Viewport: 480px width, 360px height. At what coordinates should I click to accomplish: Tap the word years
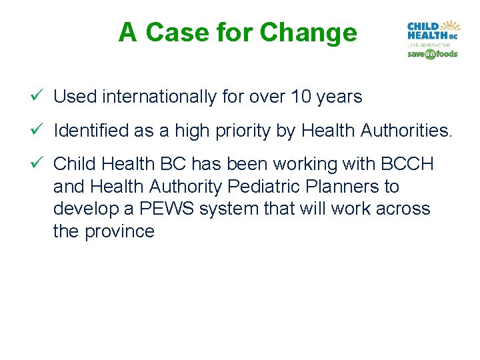pyautogui.click(x=340, y=97)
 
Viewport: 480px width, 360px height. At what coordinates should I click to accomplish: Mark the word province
pyautogui.click(x=120, y=231)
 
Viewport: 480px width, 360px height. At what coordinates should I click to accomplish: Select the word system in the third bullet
pyautogui.click(x=224, y=209)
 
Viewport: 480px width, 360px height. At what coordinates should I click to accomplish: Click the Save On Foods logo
pyautogui.click(x=432, y=54)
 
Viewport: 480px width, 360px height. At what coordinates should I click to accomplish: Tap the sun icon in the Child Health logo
pyautogui.click(x=453, y=26)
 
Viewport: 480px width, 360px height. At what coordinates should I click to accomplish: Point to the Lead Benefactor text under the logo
pyautogui.click(x=432, y=45)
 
